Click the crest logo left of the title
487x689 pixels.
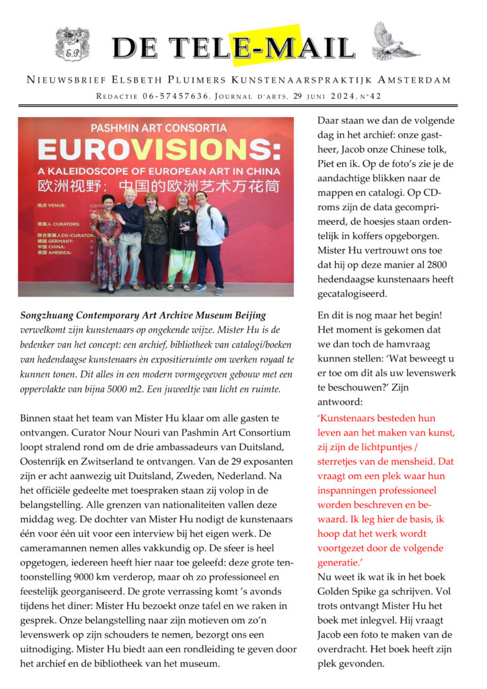[72, 45]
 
